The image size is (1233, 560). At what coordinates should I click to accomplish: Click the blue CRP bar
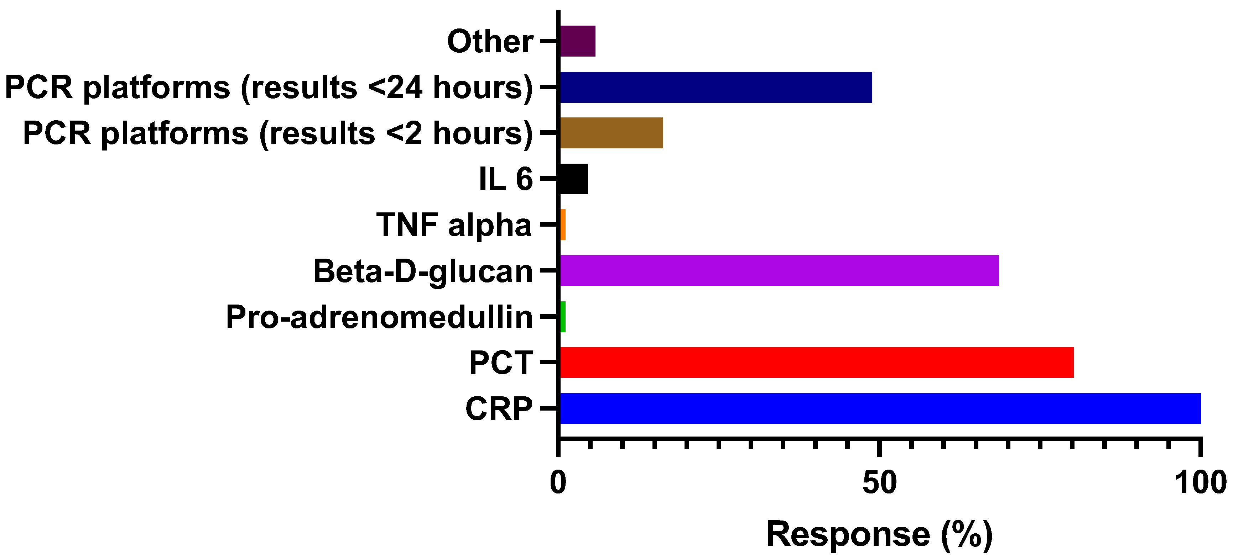coord(880,408)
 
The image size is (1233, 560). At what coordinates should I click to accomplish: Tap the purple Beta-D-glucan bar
coord(779,271)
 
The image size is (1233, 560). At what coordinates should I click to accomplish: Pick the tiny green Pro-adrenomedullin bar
coord(563,317)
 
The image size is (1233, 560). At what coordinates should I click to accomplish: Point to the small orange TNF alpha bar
coord(563,225)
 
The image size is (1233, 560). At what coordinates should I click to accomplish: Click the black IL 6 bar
coord(574,179)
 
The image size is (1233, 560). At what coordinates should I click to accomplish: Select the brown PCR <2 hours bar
coord(611,133)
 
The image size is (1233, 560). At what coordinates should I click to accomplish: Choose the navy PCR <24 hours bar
coord(716,87)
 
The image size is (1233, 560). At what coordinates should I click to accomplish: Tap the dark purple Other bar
coord(578,41)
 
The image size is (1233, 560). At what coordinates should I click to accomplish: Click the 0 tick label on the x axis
coord(558,483)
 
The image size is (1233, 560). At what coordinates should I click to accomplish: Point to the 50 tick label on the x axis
coord(879,483)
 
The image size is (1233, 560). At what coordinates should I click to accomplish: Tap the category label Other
coord(490,41)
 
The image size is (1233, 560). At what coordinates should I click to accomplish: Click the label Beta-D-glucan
coord(423,271)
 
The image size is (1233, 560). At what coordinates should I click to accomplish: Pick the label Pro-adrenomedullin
coord(379,317)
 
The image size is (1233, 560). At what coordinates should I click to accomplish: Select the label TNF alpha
coord(454,225)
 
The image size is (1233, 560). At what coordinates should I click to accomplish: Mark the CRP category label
coord(499,409)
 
